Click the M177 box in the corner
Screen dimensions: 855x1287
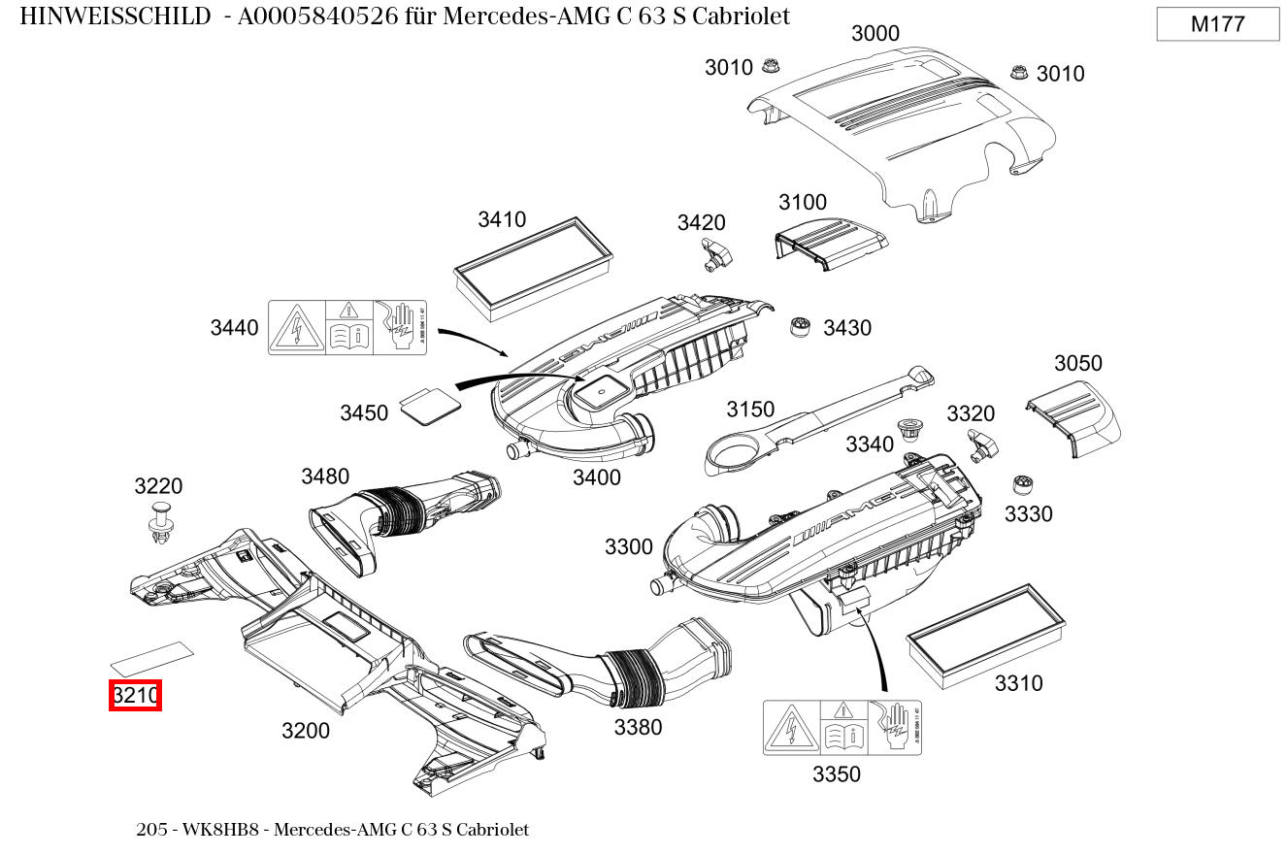[x=1217, y=24]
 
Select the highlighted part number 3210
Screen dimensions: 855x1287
[x=135, y=696]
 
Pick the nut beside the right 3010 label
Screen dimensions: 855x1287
[x=1019, y=72]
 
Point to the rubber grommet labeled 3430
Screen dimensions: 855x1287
[x=801, y=326]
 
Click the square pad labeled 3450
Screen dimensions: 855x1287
[x=428, y=404]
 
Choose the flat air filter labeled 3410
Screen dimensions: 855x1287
[x=534, y=267]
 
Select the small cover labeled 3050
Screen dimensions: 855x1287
[x=1072, y=412]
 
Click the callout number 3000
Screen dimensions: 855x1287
[x=874, y=34]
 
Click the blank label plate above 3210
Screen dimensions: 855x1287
[x=151, y=657]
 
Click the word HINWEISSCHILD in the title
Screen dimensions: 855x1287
[x=115, y=16]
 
